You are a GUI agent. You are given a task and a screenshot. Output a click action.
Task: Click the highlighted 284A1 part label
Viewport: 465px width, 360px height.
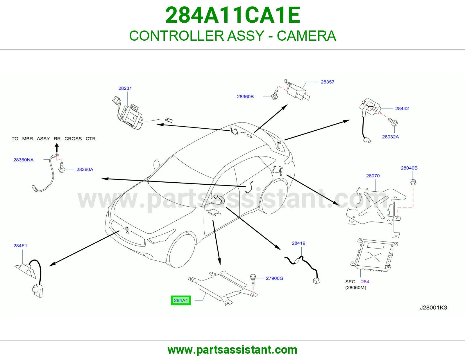[180, 300]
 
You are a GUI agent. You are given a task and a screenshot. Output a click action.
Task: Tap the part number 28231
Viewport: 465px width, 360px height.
[125, 88]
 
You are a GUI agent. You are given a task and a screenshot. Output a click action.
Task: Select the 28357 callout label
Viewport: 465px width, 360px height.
[328, 82]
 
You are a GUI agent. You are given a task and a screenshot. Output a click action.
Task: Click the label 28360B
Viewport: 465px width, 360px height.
[245, 97]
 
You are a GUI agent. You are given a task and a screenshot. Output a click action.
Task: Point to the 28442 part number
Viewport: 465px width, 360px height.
[402, 108]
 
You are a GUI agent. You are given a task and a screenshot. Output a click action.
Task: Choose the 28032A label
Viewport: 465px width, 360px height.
[391, 137]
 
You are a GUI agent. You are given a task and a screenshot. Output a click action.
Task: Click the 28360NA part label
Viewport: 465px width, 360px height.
[24, 160]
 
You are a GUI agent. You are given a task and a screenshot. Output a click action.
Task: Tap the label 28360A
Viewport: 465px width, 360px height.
[85, 170]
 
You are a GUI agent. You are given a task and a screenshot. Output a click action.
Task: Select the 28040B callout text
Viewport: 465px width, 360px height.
[409, 168]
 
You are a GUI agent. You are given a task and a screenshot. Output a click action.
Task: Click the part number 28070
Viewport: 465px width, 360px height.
[373, 176]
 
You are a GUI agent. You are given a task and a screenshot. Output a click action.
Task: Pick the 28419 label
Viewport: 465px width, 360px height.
[298, 243]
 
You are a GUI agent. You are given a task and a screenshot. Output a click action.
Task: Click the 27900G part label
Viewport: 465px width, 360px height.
[275, 278]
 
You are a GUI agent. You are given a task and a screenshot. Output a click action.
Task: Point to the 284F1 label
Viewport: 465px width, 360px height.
[20, 246]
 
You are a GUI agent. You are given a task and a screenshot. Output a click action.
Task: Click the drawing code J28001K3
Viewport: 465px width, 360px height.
[433, 308]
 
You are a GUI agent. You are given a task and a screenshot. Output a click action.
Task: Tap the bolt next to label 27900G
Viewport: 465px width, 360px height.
[253, 279]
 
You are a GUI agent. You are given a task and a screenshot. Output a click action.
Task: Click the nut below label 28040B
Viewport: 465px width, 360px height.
[413, 182]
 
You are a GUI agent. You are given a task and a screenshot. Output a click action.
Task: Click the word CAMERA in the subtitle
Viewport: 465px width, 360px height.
[306, 36]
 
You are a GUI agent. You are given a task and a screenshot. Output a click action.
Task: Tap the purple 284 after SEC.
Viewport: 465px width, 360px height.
[365, 282]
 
